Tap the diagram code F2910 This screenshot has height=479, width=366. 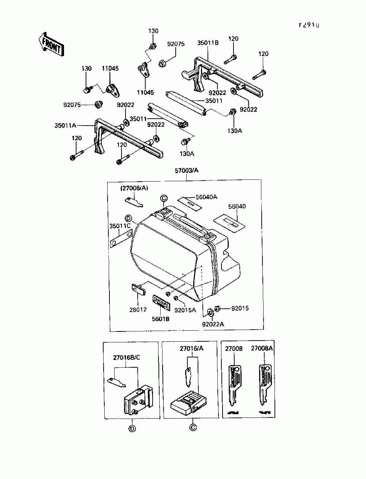click(x=309, y=25)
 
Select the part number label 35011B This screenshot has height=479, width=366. click(x=208, y=42)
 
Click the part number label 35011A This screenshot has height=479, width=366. click(x=65, y=125)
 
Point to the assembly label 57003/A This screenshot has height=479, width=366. click(x=186, y=171)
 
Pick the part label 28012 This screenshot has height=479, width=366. click(x=138, y=309)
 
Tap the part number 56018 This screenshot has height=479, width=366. click(x=161, y=319)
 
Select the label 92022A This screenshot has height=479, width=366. click(x=213, y=324)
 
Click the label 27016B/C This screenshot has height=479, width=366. click(x=126, y=357)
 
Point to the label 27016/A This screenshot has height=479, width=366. click(x=191, y=348)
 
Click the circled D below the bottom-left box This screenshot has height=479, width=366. click(x=132, y=429)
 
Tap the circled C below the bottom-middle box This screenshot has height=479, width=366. click(x=193, y=427)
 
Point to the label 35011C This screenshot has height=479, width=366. click(x=120, y=226)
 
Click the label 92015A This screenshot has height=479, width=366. click(x=185, y=310)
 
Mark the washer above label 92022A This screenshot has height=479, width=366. click(x=210, y=312)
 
